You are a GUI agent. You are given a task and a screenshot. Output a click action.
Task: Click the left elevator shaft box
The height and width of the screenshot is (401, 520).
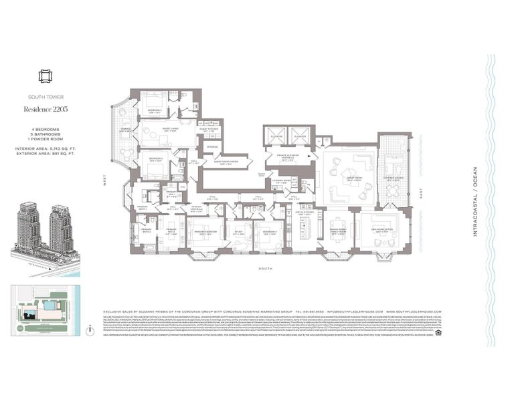[x=276, y=136]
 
